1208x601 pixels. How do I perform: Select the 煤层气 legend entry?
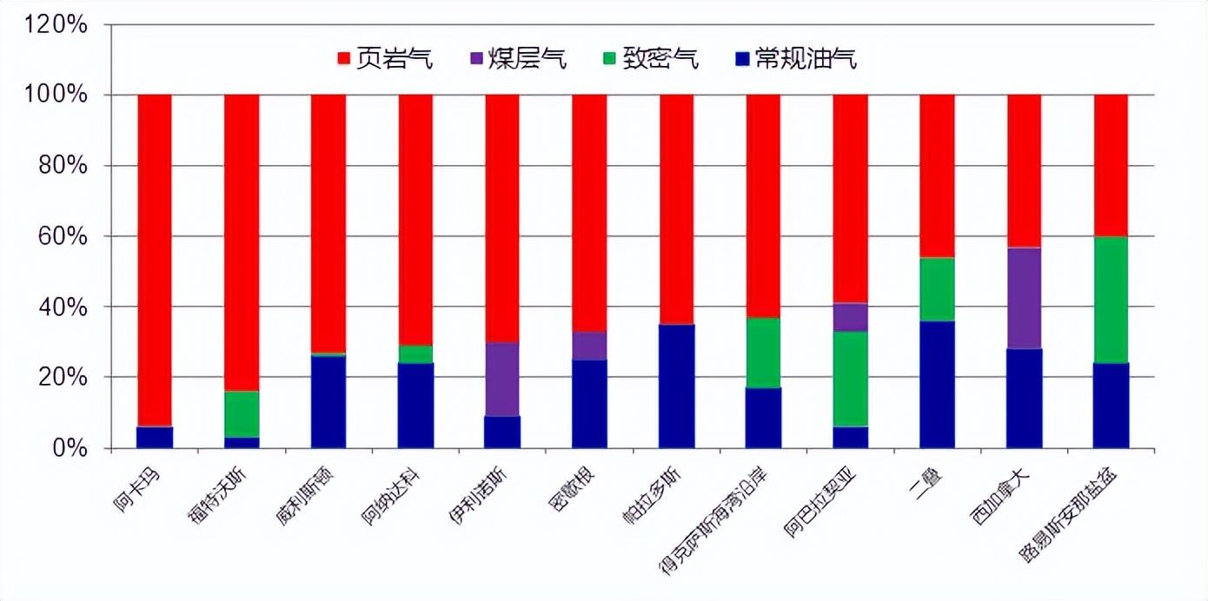coord(517,59)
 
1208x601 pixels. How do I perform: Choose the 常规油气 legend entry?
coord(795,59)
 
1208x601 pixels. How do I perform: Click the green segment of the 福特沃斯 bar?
coord(242,414)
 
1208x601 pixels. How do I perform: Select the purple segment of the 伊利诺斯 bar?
coord(502,380)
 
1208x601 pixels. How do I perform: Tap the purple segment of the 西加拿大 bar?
coord(1024,298)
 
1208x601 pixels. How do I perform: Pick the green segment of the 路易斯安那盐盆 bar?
coord(1111,300)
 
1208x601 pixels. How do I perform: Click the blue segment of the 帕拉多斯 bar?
coord(677,386)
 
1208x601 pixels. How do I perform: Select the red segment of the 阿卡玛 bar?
coord(155,261)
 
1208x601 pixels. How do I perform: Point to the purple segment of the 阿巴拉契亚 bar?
coord(850,317)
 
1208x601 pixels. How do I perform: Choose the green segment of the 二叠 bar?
coord(937,289)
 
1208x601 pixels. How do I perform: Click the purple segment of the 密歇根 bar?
coord(589,346)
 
